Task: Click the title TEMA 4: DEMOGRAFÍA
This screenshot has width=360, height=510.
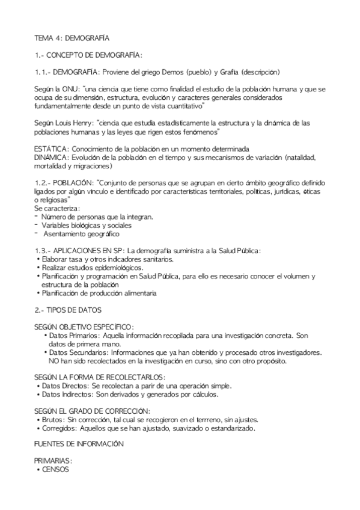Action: tap(67, 38)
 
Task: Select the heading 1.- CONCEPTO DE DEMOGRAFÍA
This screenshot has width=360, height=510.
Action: tap(88, 55)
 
